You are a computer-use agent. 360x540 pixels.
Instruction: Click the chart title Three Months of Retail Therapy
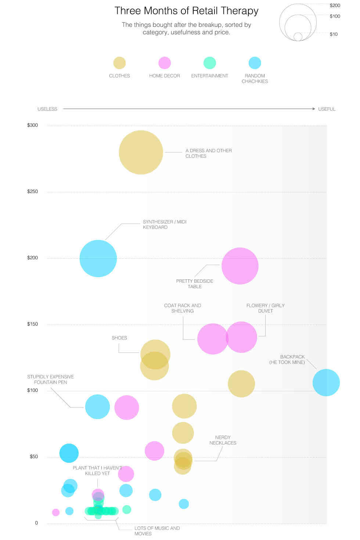pyautogui.click(x=186, y=11)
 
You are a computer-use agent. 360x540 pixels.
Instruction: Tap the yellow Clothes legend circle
pyautogui.click(x=119, y=63)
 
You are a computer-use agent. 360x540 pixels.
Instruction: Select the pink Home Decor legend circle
pyautogui.click(x=165, y=63)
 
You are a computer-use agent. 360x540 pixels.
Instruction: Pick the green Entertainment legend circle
pyautogui.click(x=210, y=63)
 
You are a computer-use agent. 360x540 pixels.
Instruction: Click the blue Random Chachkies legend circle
pyautogui.click(x=255, y=63)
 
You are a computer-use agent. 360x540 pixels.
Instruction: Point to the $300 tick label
pyautogui.click(x=32, y=125)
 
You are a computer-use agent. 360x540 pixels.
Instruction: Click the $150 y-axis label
pyautogui.click(x=32, y=324)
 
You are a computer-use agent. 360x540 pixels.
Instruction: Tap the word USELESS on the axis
pyautogui.click(x=47, y=109)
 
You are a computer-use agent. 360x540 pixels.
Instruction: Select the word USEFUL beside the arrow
pyautogui.click(x=327, y=109)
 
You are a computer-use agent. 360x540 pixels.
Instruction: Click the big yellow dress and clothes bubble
pyautogui.click(x=141, y=152)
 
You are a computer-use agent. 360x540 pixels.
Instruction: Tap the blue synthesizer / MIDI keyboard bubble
pyautogui.click(x=98, y=258)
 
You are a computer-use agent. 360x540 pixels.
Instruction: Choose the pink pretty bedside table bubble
pyautogui.click(x=240, y=266)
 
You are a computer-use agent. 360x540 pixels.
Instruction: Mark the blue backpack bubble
pyautogui.click(x=326, y=383)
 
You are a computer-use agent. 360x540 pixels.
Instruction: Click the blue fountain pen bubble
pyautogui.click(x=97, y=407)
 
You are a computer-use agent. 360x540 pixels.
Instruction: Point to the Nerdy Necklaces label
pyautogui.click(x=223, y=440)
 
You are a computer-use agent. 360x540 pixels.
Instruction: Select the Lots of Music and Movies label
pyautogui.click(x=157, y=531)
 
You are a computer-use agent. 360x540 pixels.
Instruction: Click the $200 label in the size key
pyautogui.click(x=335, y=6)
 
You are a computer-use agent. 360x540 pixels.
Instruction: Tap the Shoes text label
pyautogui.click(x=119, y=338)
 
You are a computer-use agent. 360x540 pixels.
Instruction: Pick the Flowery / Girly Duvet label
pyautogui.click(x=265, y=308)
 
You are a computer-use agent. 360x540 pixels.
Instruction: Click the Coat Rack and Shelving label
pyautogui.click(x=183, y=308)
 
